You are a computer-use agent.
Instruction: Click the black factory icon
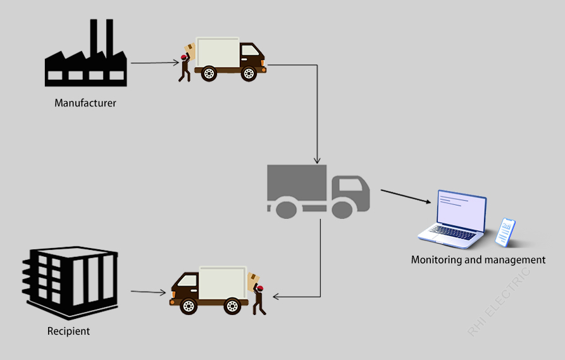tap(85, 60)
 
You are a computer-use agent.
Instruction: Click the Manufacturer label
tap(85, 102)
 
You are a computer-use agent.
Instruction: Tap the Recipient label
tap(68, 331)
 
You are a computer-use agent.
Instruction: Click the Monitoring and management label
tap(478, 259)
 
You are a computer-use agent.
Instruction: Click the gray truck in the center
tap(318, 191)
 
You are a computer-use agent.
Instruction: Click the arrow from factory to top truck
tap(154, 63)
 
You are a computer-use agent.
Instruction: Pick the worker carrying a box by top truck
tap(185, 63)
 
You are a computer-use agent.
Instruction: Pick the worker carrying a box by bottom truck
tap(258, 294)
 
